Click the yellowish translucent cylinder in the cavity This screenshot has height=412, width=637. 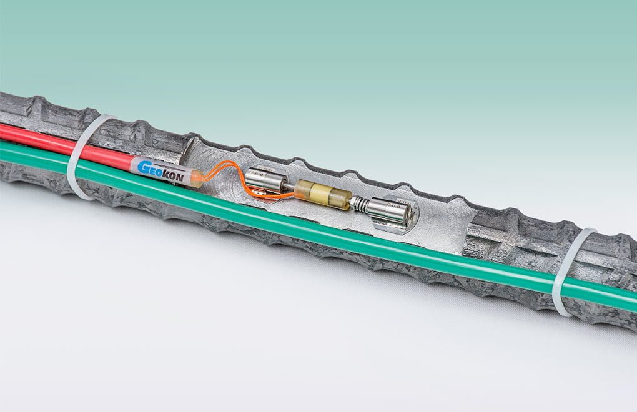point(323,195)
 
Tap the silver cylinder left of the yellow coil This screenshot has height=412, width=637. point(266,180)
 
